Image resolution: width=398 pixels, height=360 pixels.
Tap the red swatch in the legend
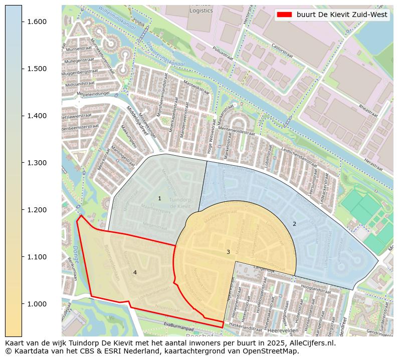click(284, 15)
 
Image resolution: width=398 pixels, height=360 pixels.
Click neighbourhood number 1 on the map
click(159, 199)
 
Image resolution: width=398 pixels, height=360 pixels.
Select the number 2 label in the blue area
click(294, 224)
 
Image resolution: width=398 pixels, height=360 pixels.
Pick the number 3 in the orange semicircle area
click(228, 252)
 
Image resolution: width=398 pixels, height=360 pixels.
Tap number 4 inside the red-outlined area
click(135, 272)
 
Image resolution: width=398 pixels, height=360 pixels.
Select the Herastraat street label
click(373, 165)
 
